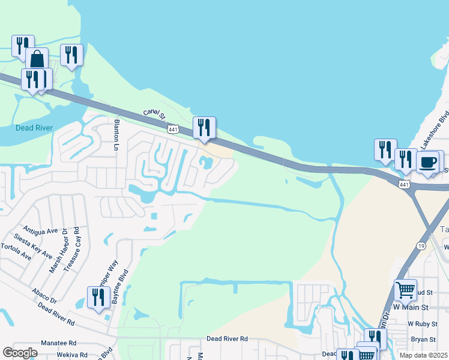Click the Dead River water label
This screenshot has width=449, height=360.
34,128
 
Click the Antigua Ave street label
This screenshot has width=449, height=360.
40,230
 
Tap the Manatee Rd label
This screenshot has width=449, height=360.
58,343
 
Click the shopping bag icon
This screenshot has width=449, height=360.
37,59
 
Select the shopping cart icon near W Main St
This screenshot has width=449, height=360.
406,290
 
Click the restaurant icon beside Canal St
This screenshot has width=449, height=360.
204,127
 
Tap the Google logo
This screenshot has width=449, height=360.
20,353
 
